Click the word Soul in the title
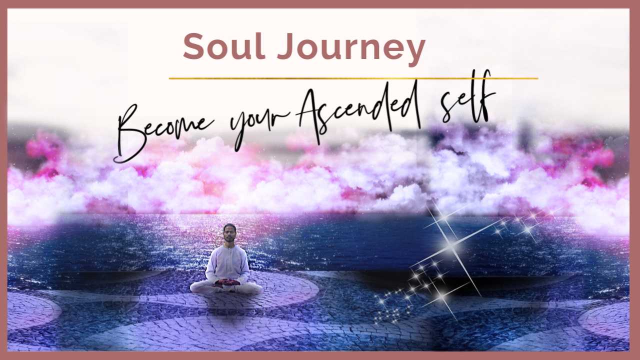[x=224, y=46]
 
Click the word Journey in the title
[x=351, y=49]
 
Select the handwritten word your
[x=258, y=125]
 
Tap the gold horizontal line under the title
[x=353, y=78]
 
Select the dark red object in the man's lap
[x=226, y=282]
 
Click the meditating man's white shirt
[x=227, y=263]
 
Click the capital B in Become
[x=134, y=134]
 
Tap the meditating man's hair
[x=229, y=227]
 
